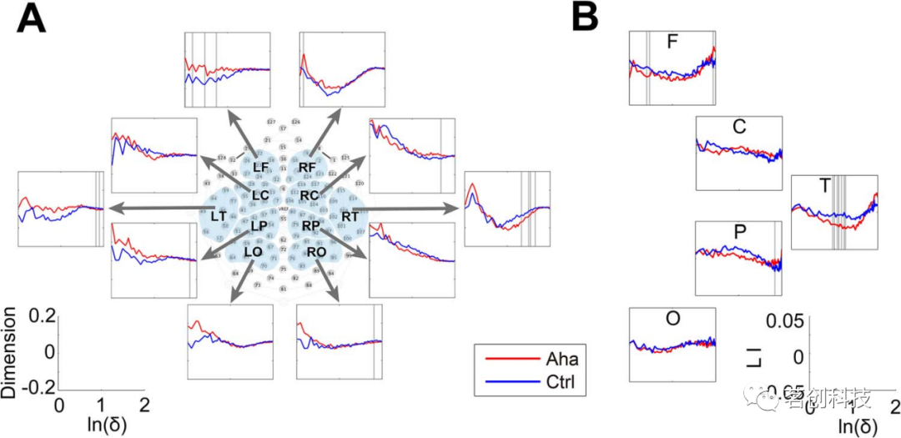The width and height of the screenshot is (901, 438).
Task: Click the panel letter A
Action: tap(31, 18)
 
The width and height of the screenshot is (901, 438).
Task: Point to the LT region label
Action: tap(219, 216)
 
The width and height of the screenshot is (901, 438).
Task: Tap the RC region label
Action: tap(310, 195)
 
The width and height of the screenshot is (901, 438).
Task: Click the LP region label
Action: tap(258, 226)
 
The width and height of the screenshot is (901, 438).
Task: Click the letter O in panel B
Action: tap(672, 318)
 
